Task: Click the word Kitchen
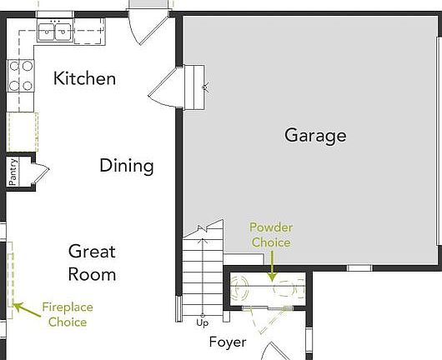click(x=84, y=79)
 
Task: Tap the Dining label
click(x=127, y=165)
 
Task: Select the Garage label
click(x=315, y=135)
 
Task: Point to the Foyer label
click(x=227, y=342)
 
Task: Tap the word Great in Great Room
click(x=92, y=251)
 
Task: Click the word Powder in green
click(x=271, y=227)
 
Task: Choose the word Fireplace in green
click(x=68, y=307)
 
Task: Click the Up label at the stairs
click(x=202, y=322)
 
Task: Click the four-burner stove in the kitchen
click(x=20, y=77)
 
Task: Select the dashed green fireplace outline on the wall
click(x=12, y=275)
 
